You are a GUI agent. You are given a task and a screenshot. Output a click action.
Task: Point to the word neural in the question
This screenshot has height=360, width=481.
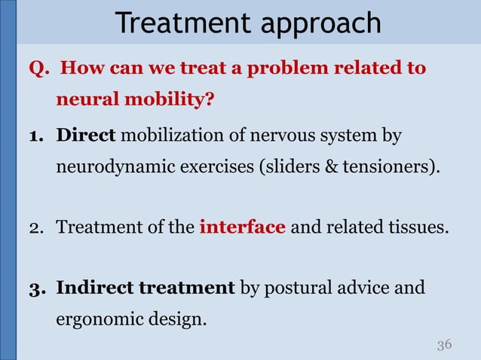(x=84, y=100)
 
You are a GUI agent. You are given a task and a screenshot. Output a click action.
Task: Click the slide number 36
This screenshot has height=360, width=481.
(x=444, y=344)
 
